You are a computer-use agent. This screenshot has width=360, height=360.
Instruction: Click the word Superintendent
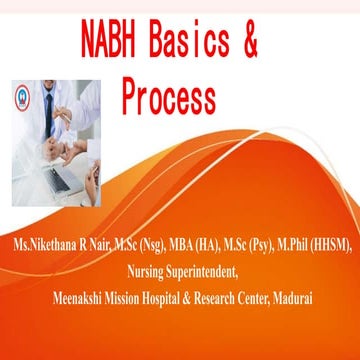pos(209,267)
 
